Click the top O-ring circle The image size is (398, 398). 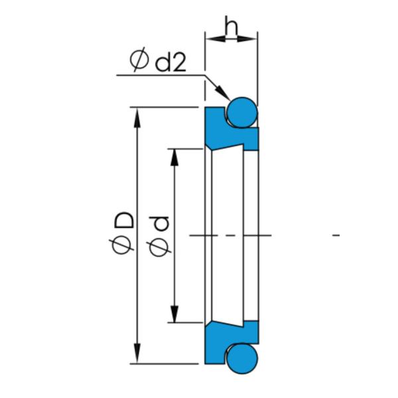coord(241,111)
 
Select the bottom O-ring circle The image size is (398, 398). coord(241,358)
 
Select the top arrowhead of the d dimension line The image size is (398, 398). coord(175,157)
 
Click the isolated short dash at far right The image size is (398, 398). coord(336,235)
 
